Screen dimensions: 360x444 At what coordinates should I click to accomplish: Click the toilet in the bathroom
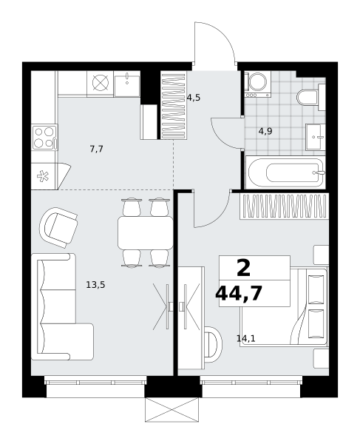click(310, 97)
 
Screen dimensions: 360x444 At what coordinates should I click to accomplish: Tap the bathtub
click(285, 172)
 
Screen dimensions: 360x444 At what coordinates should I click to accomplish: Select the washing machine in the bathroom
click(258, 84)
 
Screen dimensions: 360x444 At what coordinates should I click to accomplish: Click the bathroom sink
click(316, 137)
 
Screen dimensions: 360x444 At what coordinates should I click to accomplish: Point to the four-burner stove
click(44, 137)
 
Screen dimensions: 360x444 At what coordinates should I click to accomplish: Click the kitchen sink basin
click(127, 84)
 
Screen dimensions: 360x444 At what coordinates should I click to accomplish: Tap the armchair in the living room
click(59, 227)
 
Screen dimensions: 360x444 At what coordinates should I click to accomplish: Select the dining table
click(146, 233)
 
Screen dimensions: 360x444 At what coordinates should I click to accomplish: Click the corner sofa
click(62, 306)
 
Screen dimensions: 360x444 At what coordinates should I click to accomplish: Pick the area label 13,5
click(95, 285)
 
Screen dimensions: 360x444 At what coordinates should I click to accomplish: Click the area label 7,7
click(96, 149)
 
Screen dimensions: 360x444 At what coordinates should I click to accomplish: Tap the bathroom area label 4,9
click(265, 131)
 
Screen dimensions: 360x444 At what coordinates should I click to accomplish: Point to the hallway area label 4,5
click(194, 98)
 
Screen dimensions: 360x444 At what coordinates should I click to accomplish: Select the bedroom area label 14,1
click(246, 338)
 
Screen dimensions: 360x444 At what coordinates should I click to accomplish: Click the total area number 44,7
click(239, 294)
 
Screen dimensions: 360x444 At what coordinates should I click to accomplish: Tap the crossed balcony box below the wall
click(172, 409)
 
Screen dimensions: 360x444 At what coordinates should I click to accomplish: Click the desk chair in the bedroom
click(213, 344)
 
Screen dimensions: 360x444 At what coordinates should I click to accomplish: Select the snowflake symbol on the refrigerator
click(43, 176)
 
